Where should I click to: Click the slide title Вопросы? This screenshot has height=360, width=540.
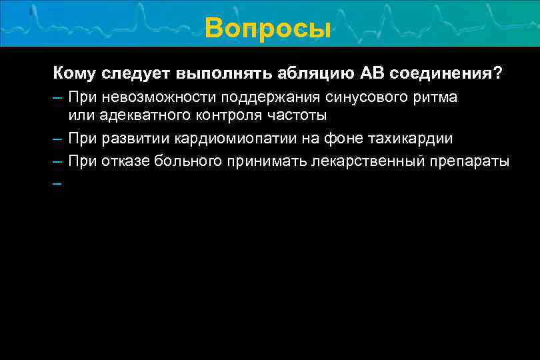click(x=268, y=28)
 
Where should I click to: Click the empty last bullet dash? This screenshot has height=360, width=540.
click(x=58, y=183)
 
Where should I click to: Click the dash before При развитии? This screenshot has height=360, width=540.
click(x=58, y=139)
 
